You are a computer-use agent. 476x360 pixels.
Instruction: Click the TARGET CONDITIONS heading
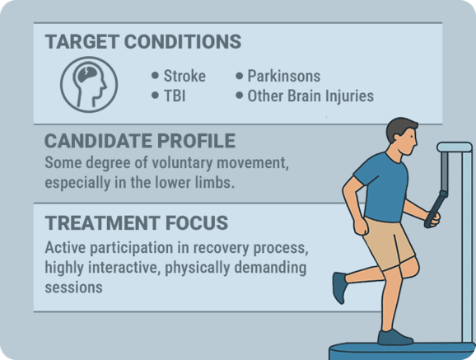(142, 41)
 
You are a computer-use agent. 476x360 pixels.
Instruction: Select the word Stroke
(184, 76)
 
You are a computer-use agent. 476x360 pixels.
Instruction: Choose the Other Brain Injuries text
(310, 96)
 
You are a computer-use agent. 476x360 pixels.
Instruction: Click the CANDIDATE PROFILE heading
(140, 140)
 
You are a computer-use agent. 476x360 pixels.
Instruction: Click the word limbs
(215, 182)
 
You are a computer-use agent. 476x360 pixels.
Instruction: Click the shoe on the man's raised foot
(339, 288)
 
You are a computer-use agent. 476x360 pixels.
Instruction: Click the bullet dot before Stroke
(155, 76)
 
